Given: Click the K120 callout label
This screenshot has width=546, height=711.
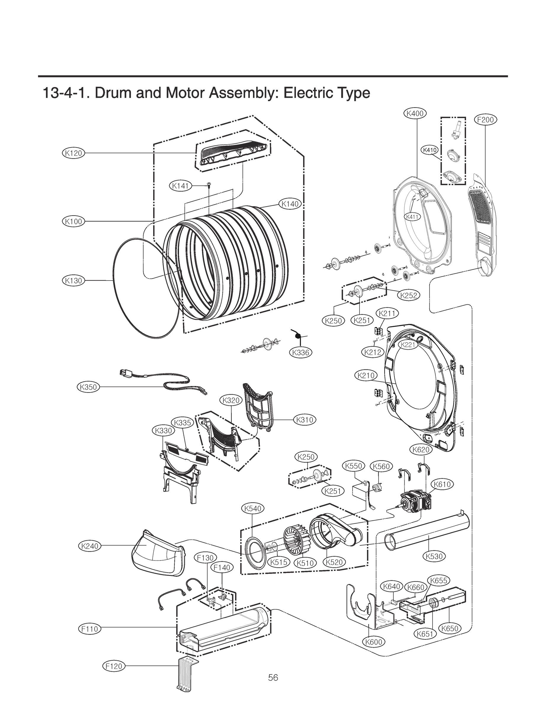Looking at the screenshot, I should [73, 153].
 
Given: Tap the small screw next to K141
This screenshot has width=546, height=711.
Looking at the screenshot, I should [209, 185].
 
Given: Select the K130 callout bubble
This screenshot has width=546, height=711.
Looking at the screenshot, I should [73, 281].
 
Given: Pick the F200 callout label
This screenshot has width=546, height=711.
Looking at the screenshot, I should [485, 120].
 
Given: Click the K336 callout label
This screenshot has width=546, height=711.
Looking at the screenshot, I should [300, 352].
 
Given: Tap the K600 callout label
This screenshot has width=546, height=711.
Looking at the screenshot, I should [373, 642].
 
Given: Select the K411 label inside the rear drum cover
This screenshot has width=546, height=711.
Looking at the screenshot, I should [412, 217].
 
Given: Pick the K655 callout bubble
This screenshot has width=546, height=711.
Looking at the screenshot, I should [439, 580].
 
